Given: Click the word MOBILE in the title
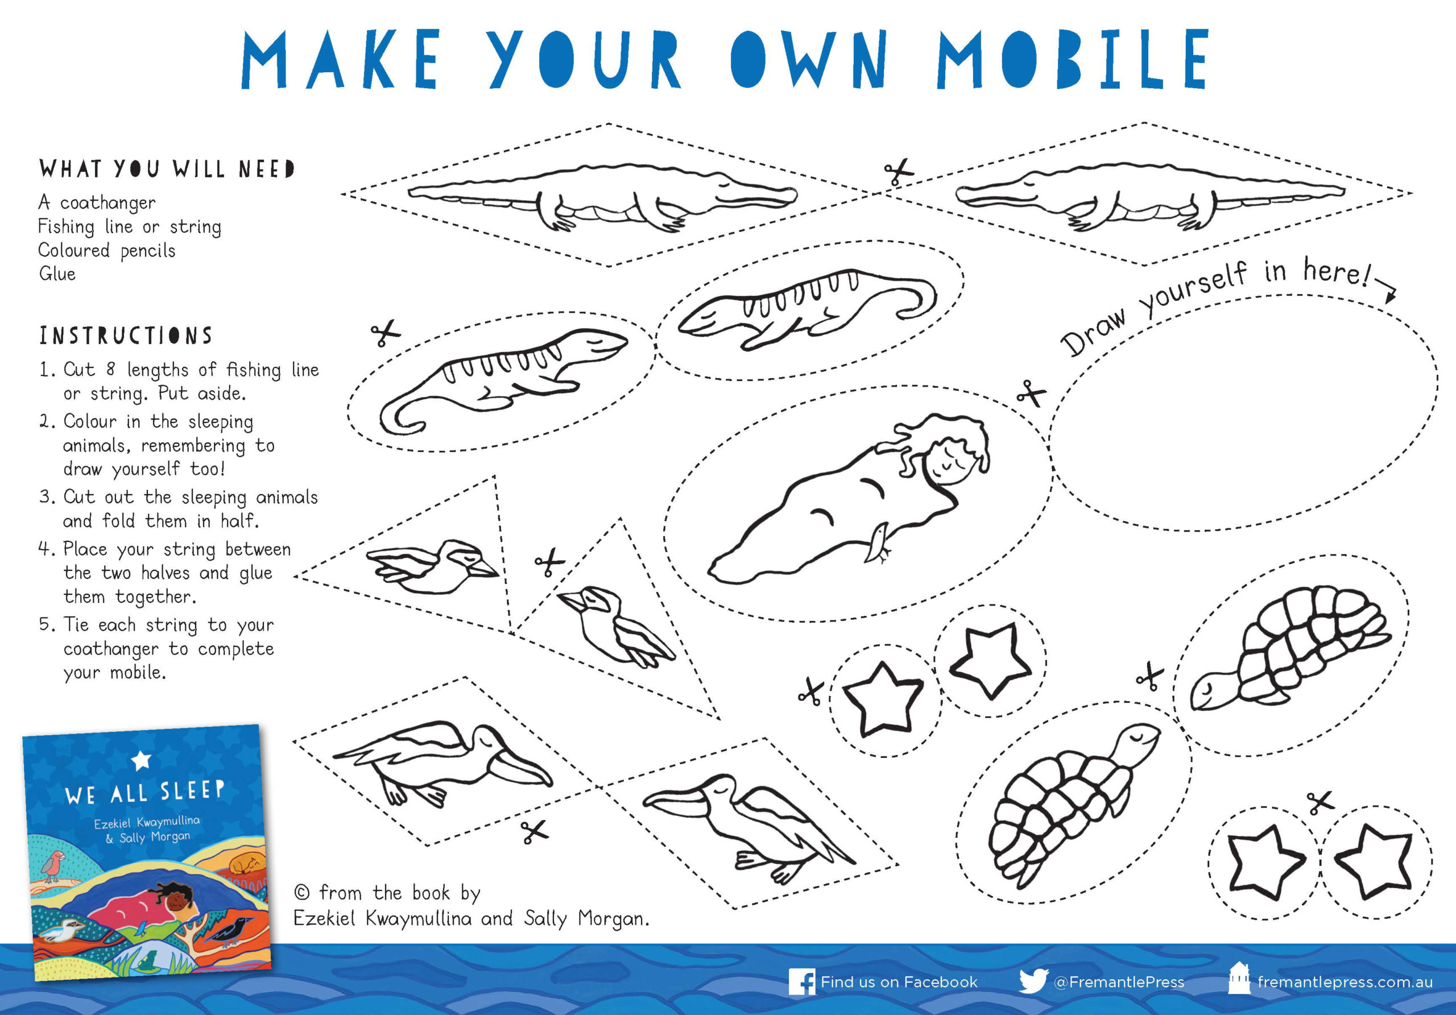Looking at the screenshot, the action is pyautogui.click(x=1073, y=59).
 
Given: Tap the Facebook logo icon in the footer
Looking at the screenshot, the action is pyautogui.click(x=801, y=981).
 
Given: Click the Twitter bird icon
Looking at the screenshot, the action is pyautogui.click(x=1033, y=981).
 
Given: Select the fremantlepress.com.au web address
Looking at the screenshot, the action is pyautogui.click(x=1345, y=982).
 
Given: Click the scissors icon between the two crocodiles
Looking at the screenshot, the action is pyautogui.click(x=898, y=171).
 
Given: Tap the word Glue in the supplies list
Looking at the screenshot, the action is pyautogui.click(x=57, y=274).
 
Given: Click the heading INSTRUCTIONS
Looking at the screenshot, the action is pyautogui.click(x=126, y=335).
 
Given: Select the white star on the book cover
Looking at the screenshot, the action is pyautogui.click(x=141, y=760).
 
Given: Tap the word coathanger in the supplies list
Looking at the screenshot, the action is pyautogui.click(x=108, y=203).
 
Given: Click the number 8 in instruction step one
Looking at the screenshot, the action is pyautogui.click(x=110, y=369).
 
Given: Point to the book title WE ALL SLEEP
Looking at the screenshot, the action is pyautogui.click(x=144, y=793).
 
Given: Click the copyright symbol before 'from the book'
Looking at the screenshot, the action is pyautogui.click(x=302, y=893).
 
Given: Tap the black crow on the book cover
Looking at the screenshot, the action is pyautogui.click(x=231, y=929).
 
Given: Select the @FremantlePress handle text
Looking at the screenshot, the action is pyautogui.click(x=1119, y=982).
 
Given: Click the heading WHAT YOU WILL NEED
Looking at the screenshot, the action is pyautogui.click(x=167, y=169).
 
